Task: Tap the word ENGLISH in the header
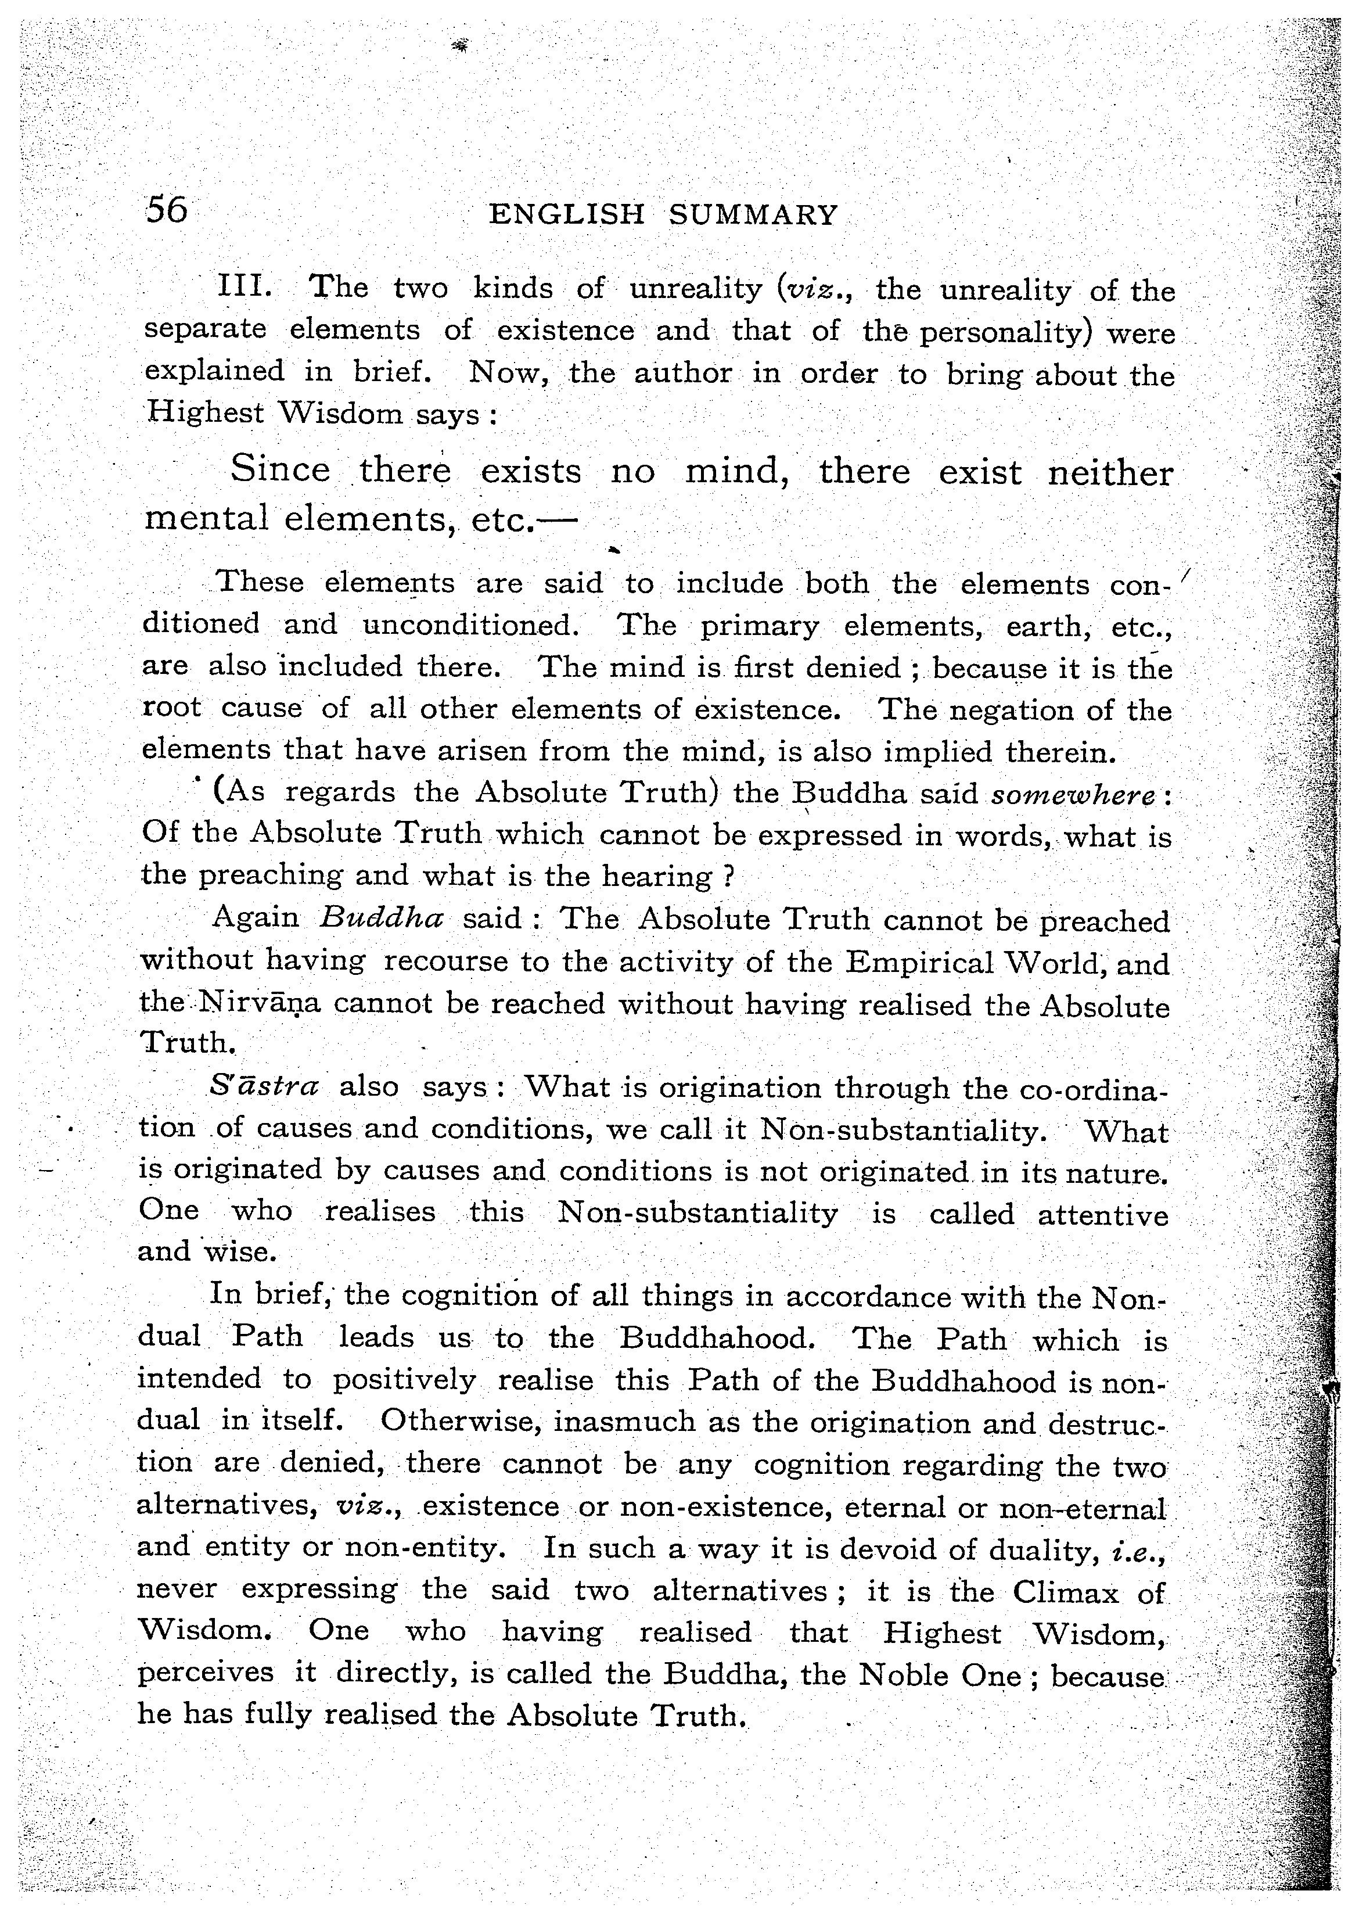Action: coord(566,216)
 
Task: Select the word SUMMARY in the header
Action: coord(753,216)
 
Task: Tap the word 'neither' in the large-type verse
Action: coord(1110,473)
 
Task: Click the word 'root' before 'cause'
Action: coord(172,707)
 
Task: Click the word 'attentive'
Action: coord(1103,1214)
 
